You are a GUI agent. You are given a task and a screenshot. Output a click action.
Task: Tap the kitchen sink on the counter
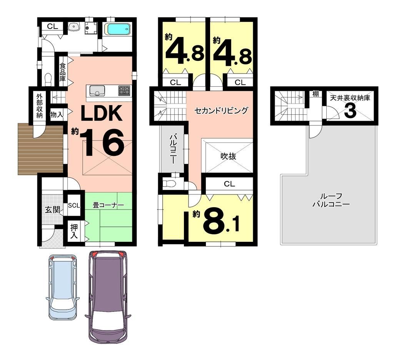click(96, 91)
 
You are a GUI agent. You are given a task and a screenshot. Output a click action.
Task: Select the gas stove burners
click(124, 90)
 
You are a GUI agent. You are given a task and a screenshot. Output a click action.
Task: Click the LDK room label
click(101, 113)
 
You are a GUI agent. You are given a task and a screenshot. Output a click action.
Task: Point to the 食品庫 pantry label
click(62, 72)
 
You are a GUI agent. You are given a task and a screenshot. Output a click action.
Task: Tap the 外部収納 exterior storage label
click(40, 106)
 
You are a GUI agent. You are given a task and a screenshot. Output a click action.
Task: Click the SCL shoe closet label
click(74, 205)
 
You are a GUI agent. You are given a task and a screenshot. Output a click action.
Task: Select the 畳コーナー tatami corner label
click(108, 205)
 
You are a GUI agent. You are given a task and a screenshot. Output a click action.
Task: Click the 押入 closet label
click(74, 231)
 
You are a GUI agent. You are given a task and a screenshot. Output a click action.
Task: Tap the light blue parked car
click(63, 287)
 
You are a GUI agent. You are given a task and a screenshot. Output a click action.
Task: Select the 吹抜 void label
click(228, 156)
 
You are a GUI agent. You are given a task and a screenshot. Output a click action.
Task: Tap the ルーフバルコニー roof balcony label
click(331, 200)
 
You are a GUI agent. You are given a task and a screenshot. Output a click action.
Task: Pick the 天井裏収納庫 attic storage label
click(350, 98)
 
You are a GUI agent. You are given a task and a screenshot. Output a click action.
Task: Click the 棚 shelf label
click(316, 94)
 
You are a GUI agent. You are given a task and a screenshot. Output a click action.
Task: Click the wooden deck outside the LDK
click(40, 149)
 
